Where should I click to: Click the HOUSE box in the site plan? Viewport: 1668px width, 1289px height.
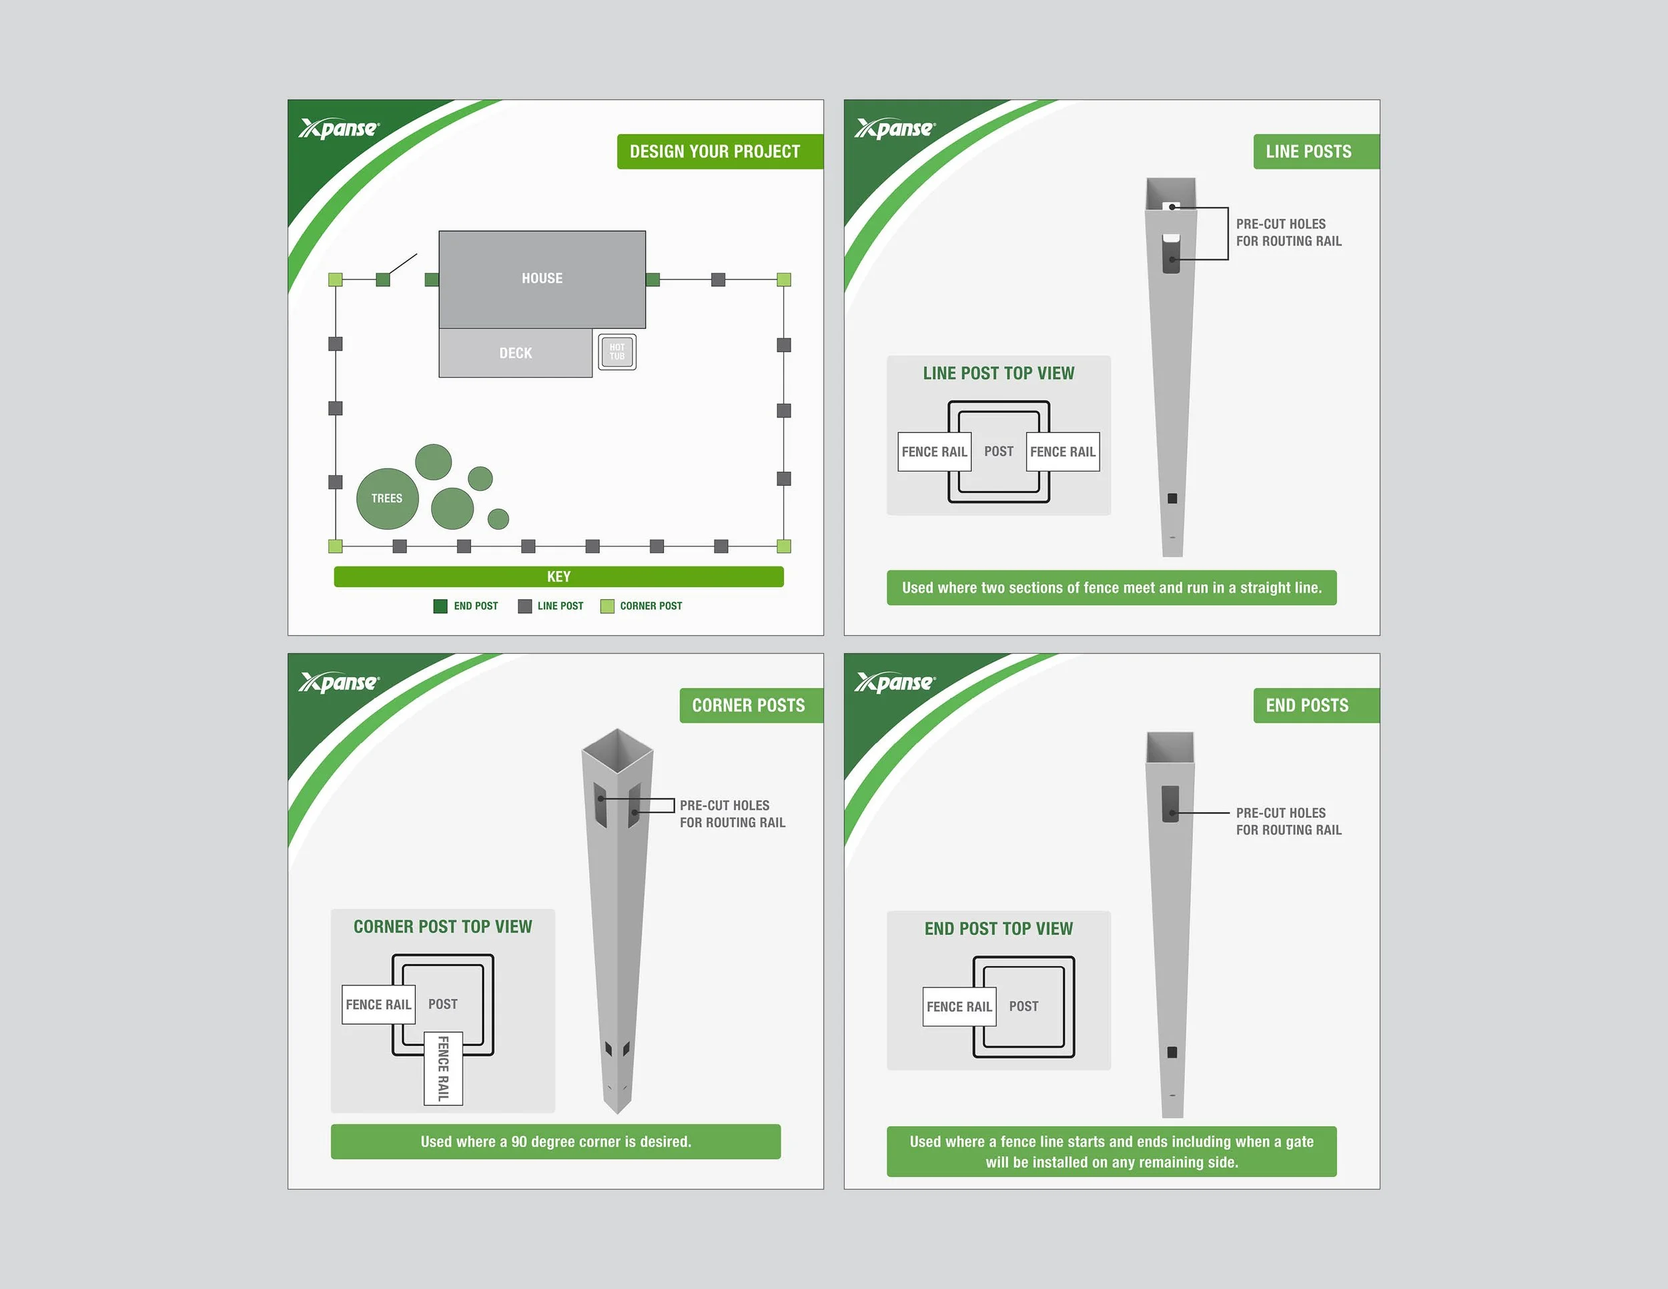click(542, 279)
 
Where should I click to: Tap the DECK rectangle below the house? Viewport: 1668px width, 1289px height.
click(515, 353)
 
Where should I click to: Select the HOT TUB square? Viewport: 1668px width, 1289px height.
click(616, 352)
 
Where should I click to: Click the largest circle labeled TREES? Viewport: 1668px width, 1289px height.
click(387, 498)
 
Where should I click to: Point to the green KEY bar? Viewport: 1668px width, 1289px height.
click(558, 576)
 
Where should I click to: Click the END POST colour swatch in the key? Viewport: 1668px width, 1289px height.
click(440, 606)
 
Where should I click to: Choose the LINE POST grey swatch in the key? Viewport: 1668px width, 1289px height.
click(524, 606)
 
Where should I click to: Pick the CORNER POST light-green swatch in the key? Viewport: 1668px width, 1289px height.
click(607, 606)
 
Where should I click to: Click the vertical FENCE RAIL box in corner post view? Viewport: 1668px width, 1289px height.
click(443, 1068)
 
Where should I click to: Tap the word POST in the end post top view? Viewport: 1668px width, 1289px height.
click(1023, 1007)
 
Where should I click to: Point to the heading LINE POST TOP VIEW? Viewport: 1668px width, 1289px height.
click(998, 374)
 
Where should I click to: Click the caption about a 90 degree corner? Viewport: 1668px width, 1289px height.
click(555, 1142)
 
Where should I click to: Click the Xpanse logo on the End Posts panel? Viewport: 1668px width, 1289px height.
click(893, 682)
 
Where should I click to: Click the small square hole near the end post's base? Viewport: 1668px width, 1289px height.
click(1172, 1052)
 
